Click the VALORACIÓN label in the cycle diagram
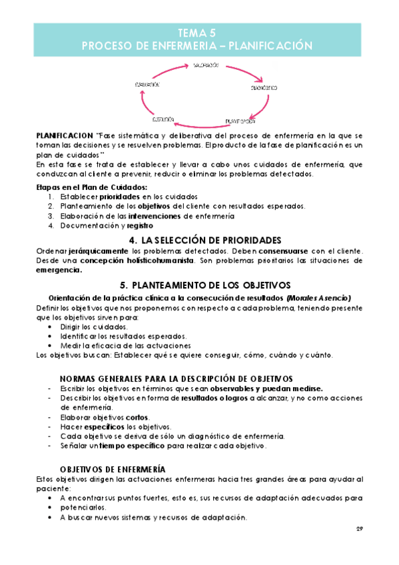click(x=206, y=65)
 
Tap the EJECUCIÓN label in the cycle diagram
click(x=163, y=119)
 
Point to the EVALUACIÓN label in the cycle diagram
click(x=147, y=85)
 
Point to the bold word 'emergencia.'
click(x=60, y=271)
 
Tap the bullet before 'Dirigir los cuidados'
click(x=53, y=327)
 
